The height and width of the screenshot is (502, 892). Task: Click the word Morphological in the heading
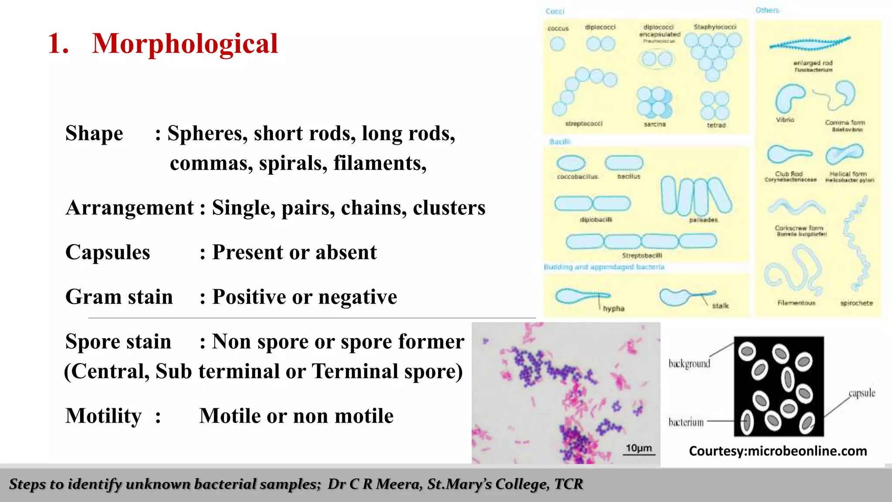[185, 44]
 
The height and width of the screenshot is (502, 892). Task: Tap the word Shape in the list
[94, 133]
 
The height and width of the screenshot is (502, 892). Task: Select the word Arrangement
[130, 208]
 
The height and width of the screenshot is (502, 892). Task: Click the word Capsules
[108, 252]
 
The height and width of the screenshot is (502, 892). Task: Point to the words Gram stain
[119, 297]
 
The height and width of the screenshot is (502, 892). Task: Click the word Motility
[104, 416]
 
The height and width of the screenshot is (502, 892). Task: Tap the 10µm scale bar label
[639, 448]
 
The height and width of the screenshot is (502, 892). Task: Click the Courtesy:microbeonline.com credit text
[778, 451]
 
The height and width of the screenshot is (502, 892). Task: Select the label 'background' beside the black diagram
[689, 363]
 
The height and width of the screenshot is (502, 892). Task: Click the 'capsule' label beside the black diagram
[862, 393]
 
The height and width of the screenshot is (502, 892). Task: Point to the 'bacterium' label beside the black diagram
[686, 422]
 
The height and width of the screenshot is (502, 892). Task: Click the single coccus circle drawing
[557, 44]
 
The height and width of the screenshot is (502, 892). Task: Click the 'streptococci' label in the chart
[584, 124]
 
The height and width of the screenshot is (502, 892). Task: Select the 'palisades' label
[703, 220]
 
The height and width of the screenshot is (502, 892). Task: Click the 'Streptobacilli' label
[642, 255]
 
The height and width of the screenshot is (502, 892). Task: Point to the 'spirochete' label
[856, 303]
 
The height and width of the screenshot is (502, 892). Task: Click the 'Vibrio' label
[785, 119]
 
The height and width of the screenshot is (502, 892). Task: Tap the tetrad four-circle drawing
[715, 105]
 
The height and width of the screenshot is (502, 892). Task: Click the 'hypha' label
[613, 309]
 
